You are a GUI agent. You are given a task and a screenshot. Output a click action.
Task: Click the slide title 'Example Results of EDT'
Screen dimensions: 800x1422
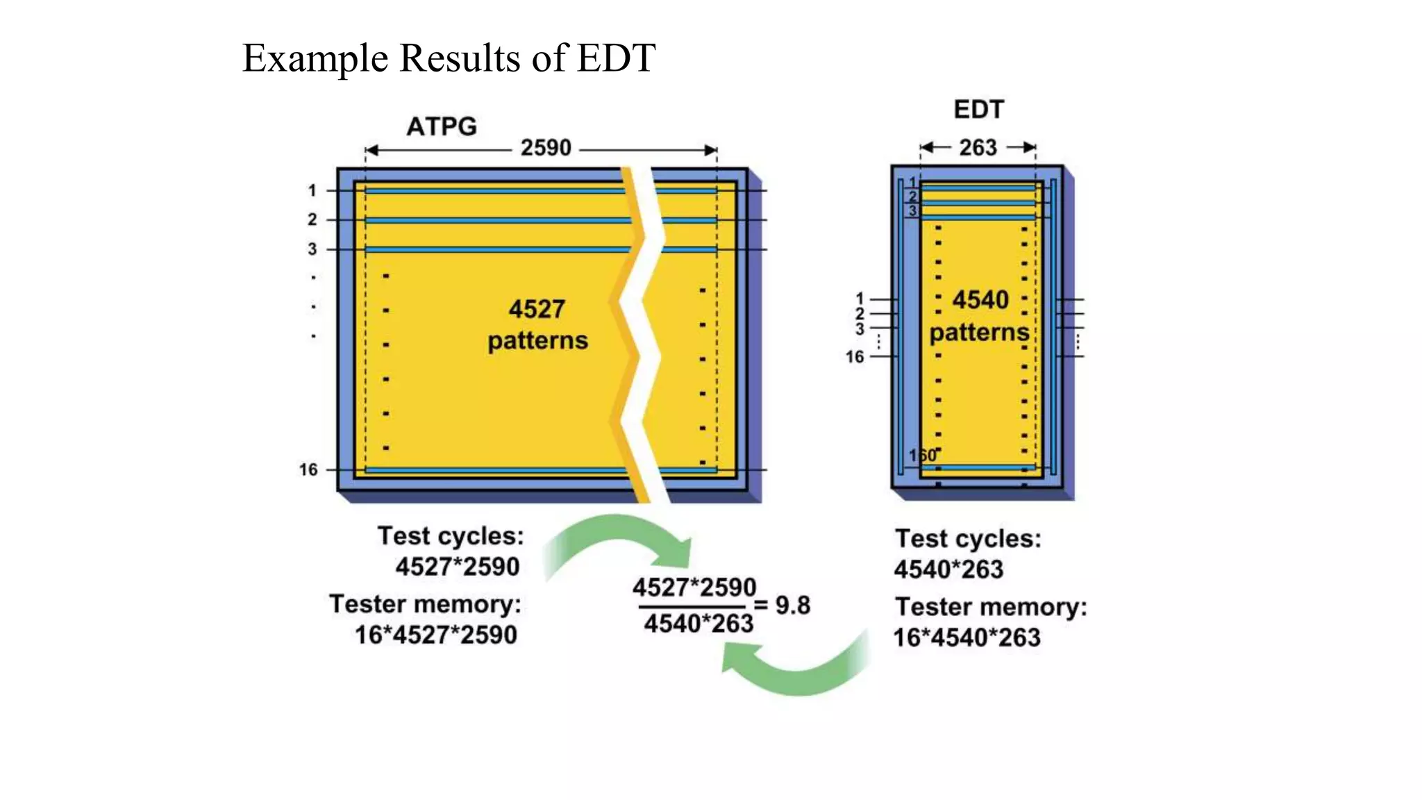click(x=449, y=58)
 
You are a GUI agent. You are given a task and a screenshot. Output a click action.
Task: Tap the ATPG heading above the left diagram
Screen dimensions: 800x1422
click(x=442, y=126)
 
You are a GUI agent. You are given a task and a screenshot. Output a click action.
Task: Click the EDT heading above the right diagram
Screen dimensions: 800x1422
click(x=978, y=109)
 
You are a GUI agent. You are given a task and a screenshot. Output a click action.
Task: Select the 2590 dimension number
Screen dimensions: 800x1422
click(x=546, y=148)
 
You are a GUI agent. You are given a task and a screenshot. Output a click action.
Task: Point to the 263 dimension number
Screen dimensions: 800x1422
click(x=978, y=147)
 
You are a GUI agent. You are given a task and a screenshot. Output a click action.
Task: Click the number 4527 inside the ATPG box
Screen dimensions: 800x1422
click(x=537, y=309)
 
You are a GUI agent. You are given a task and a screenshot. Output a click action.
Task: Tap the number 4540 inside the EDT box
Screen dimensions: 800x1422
click(x=980, y=300)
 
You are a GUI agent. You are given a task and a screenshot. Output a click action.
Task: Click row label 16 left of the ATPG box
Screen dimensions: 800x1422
click(x=308, y=470)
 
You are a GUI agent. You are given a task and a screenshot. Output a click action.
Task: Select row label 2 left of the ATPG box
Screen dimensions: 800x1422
click(x=312, y=220)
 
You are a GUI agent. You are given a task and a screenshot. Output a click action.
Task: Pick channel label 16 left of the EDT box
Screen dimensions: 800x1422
click(x=855, y=357)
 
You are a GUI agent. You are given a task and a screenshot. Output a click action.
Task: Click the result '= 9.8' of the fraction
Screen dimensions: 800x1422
click(x=783, y=606)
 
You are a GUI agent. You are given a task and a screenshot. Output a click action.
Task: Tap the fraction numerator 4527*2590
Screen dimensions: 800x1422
click(x=694, y=588)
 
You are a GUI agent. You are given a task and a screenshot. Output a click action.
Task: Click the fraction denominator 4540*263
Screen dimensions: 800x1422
click(x=699, y=624)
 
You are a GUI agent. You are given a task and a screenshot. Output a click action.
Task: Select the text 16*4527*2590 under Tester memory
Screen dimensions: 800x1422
click(x=436, y=635)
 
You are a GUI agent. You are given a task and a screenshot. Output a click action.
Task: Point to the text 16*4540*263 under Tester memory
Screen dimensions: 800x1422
click(x=967, y=637)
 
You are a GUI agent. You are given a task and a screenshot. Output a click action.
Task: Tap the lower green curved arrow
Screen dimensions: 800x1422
click(x=798, y=670)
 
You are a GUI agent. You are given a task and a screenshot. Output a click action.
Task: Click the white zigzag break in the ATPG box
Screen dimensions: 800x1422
click(x=646, y=333)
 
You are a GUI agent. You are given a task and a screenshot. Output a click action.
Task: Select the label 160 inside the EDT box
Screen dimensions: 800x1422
click(x=923, y=456)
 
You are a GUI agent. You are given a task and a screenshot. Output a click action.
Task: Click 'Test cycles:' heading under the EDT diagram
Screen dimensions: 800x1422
click(x=968, y=539)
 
